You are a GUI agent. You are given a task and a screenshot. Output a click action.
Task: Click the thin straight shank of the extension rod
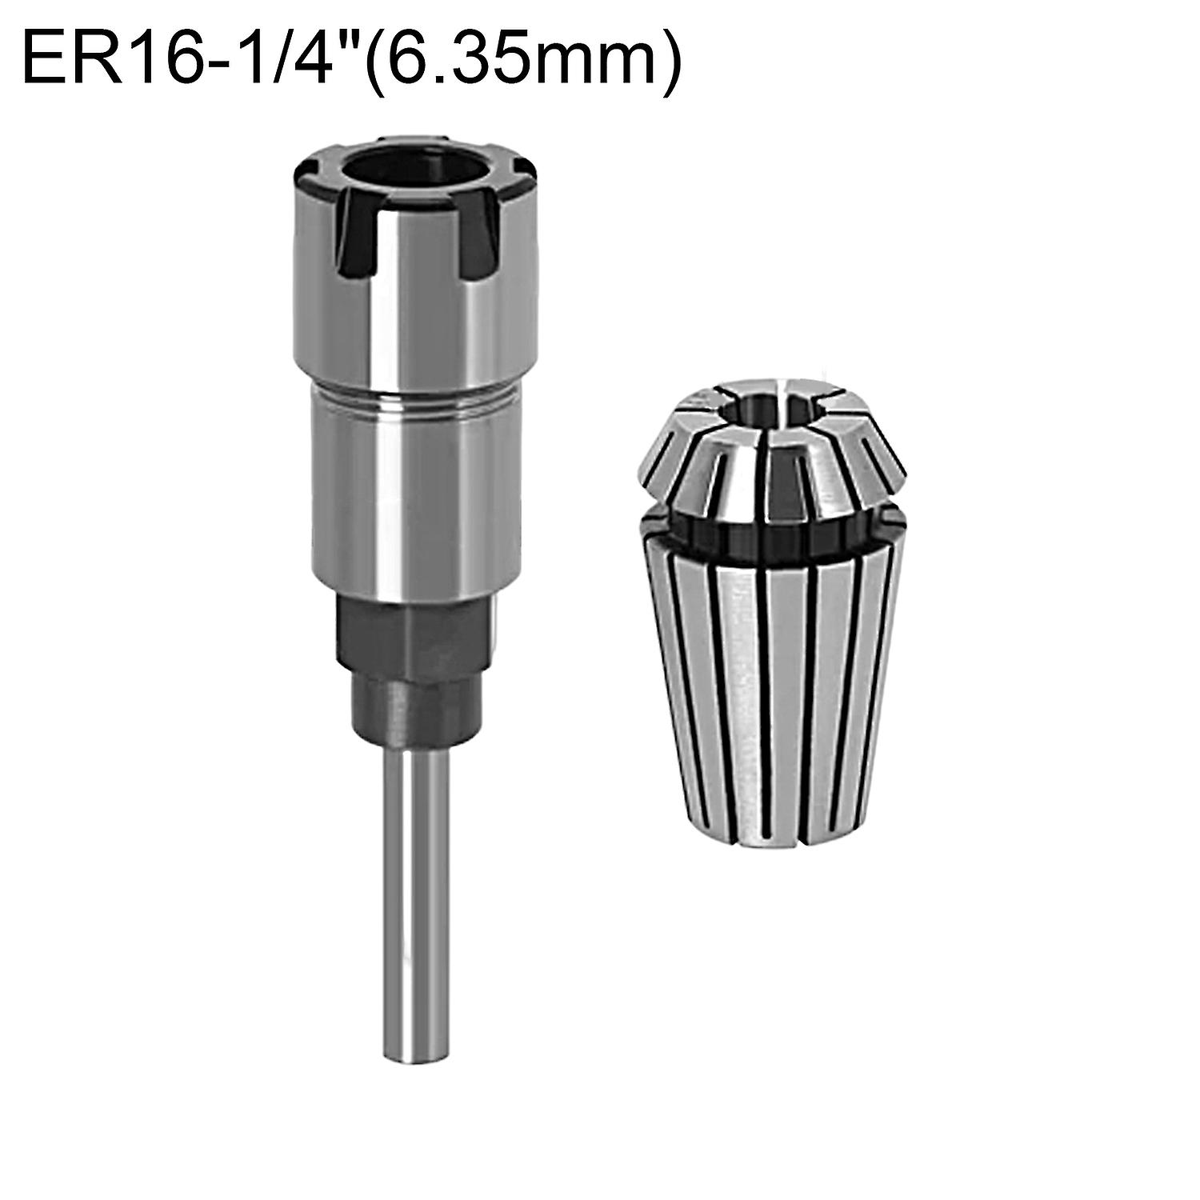tap(414, 920)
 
